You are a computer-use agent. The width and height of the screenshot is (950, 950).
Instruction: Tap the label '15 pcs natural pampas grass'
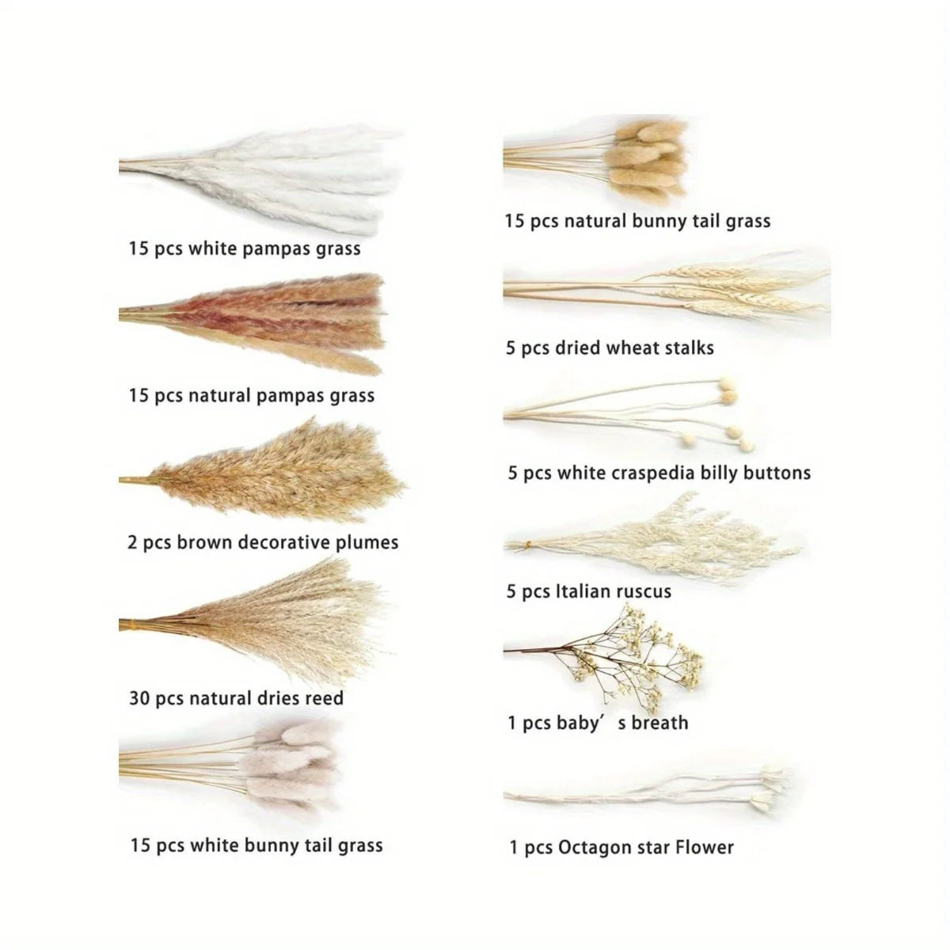(x=251, y=395)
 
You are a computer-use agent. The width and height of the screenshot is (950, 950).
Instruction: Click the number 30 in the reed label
(x=139, y=698)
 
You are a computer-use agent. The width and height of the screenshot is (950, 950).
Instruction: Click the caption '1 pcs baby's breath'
(x=598, y=723)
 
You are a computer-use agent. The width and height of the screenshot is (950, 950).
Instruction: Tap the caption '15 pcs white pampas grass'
(x=245, y=249)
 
